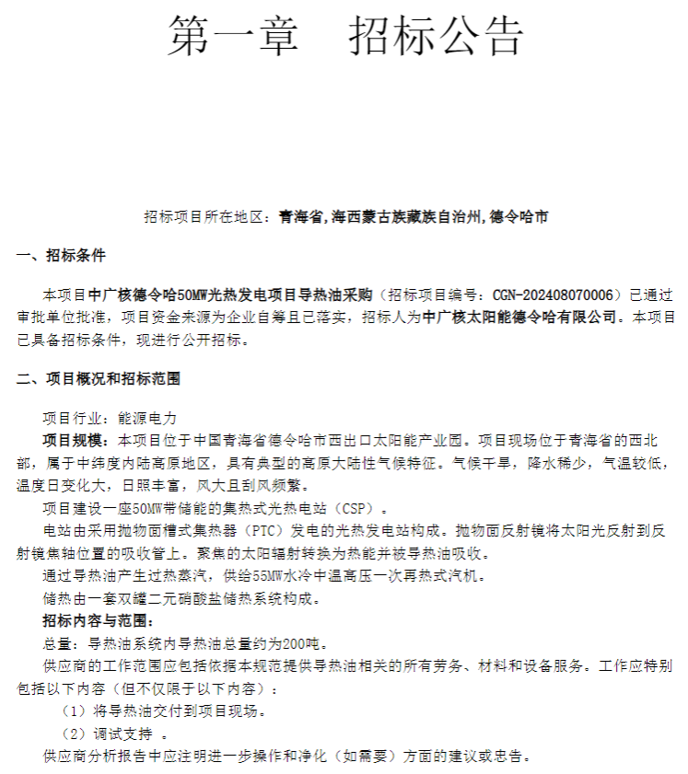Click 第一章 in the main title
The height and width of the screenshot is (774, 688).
pos(233,36)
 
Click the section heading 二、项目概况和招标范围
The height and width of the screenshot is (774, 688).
pos(98,378)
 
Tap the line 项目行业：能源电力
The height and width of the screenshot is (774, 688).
pos(110,417)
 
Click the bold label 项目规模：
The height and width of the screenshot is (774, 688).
pos(76,439)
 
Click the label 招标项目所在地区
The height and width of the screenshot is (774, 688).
pos(203,217)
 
